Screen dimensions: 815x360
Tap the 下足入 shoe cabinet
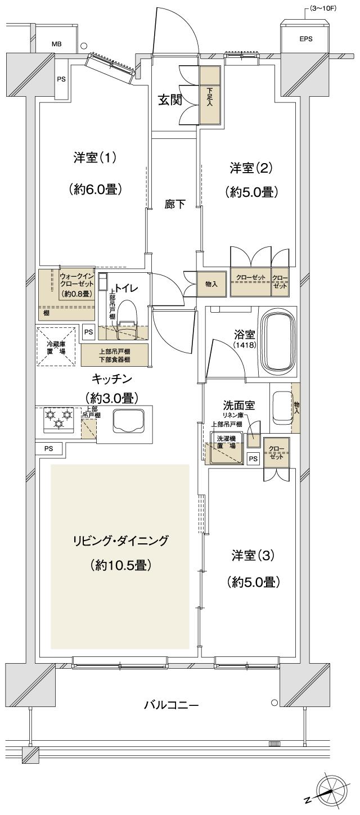(x=210, y=96)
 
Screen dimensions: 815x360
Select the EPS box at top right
(x=305, y=39)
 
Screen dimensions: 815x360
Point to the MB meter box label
(x=57, y=43)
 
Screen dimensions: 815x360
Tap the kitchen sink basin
(x=129, y=421)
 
